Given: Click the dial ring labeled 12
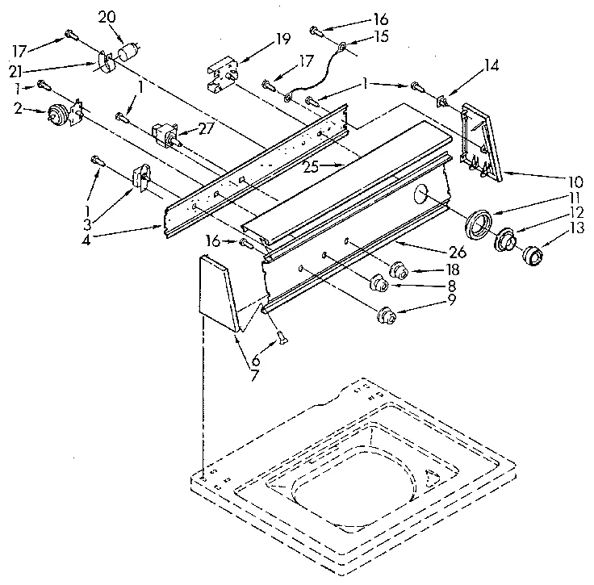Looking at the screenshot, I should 506,240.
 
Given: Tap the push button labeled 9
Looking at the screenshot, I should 386,314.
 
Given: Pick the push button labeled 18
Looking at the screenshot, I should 398,271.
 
